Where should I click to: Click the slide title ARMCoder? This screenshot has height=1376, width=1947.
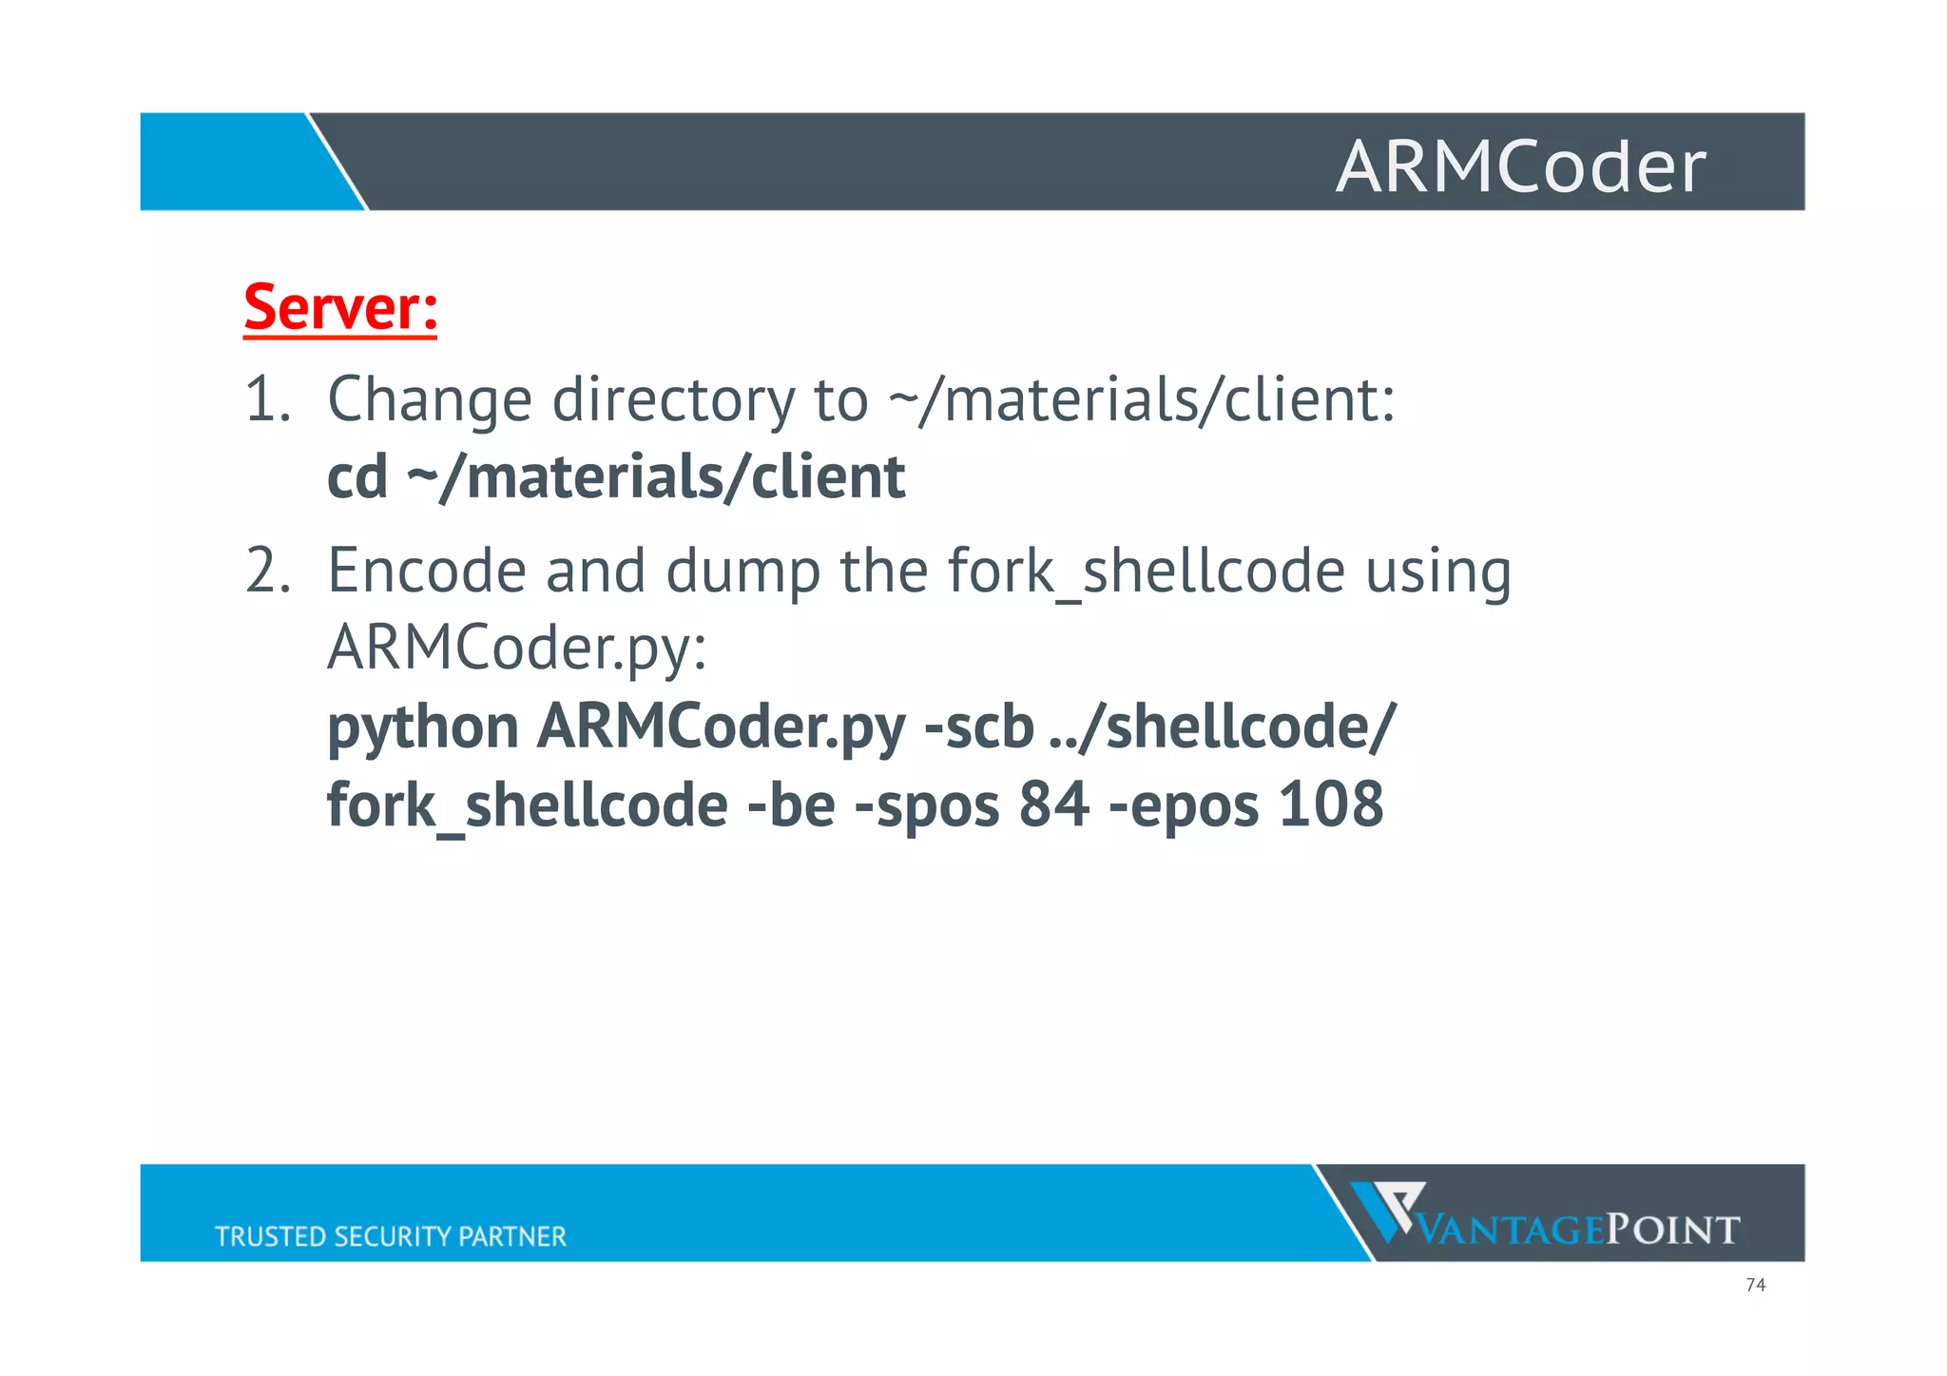click(1520, 166)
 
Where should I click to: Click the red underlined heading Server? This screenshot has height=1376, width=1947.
click(340, 307)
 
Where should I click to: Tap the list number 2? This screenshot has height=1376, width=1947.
click(267, 571)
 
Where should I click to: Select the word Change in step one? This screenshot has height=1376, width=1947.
click(429, 400)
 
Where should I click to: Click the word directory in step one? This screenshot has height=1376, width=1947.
click(673, 400)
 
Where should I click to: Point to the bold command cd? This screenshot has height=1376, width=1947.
click(357, 476)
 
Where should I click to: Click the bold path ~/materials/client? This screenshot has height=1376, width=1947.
click(656, 476)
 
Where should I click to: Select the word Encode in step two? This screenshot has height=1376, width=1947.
click(427, 571)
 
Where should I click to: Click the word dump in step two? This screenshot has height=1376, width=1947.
click(742, 572)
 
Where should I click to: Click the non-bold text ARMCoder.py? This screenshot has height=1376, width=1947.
click(517, 649)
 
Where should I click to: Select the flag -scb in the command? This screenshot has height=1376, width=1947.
click(979, 727)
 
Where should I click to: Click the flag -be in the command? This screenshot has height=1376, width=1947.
click(791, 804)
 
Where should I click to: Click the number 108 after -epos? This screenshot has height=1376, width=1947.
click(1330, 804)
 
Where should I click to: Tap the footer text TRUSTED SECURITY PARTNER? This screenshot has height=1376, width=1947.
click(390, 1235)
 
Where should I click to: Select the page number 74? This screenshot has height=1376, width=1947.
click(1755, 1285)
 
